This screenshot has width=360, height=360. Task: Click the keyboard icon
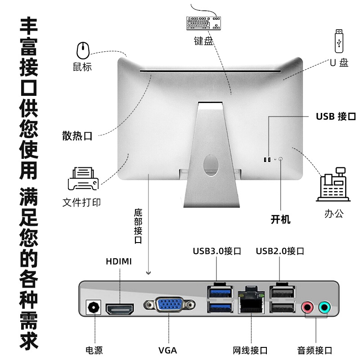coord(204,23)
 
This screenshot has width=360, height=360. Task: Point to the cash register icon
coord(333,184)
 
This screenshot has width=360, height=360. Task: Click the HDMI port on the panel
coord(120,309)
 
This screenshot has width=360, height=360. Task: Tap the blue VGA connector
coord(169,306)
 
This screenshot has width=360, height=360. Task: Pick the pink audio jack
coord(307,308)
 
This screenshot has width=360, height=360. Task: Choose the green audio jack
coord(324,308)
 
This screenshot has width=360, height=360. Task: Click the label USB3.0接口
coord(217,251)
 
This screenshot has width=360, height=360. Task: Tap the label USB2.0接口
coord(280,251)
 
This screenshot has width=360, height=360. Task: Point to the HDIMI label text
coord(119,261)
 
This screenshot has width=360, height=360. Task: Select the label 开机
coord(281,220)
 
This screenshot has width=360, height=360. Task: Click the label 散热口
coord(77,136)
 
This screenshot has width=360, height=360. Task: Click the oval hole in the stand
coord(209,163)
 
